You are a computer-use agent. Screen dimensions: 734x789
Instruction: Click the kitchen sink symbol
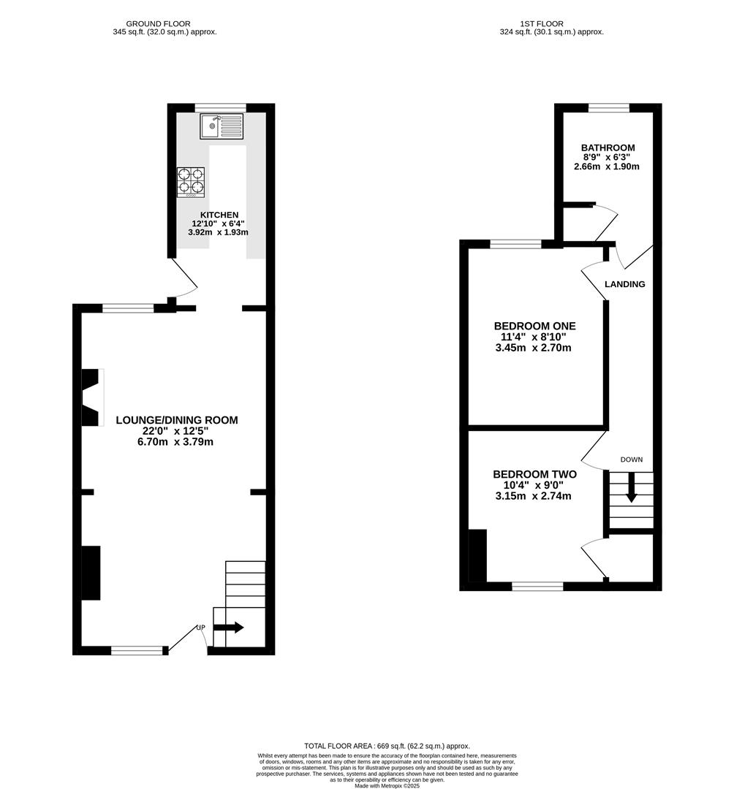(x=222, y=126)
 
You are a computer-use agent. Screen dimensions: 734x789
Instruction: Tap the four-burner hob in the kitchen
(x=192, y=182)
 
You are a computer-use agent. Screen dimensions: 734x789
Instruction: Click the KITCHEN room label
(x=219, y=215)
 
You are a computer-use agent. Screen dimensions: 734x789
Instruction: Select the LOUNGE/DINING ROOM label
(x=177, y=420)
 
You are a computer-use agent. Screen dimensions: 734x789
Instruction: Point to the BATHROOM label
(x=608, y=148)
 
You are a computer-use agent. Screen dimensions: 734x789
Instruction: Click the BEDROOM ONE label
(x=534, y=326)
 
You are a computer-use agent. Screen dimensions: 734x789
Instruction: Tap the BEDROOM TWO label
(x=534, y=474)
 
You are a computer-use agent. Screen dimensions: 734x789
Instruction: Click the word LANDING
(x=625, y=284)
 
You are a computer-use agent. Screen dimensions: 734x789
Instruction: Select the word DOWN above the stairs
(x=632, y=460)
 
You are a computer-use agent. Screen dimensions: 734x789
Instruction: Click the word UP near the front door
(x=201, y=628)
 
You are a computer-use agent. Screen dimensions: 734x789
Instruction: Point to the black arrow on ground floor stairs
(x=229, y=628)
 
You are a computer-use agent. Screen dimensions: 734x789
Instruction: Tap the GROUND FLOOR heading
(x=158, y=23)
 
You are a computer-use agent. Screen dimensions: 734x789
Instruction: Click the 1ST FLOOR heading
(x=542, y=23)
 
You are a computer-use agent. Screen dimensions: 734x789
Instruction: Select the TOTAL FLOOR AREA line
(x=387, y=746)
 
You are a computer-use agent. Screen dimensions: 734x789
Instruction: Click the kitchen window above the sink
(x=221, y=107)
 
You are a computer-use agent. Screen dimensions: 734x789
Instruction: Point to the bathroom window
(x=609, y=107)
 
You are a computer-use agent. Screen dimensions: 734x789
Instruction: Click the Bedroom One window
(x=515, y=245)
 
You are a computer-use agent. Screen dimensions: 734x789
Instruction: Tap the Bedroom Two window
(x=537, y=586)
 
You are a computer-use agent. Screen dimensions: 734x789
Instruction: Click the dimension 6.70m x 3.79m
(x=175, y=442)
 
